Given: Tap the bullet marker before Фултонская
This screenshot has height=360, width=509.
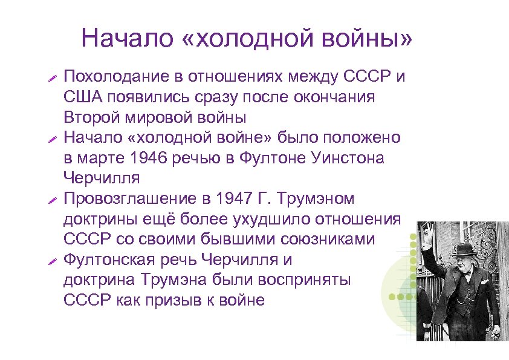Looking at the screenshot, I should [x=52, y=260].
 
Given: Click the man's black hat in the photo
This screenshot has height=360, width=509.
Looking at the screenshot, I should [x=465, y=249].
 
